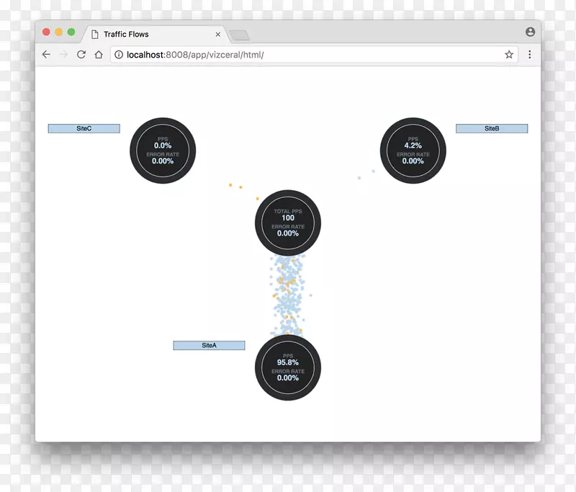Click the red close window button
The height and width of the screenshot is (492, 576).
[47, 32]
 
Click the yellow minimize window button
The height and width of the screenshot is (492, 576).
[59, 32]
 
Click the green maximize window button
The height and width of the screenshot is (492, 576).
[71, 32]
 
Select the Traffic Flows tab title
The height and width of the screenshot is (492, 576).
[126, 35]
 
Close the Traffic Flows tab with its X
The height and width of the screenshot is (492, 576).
[218, 35]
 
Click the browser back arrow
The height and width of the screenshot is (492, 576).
[46, 55]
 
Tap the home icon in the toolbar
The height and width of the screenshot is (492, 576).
[99, 55]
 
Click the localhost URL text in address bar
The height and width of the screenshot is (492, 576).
[194, 55]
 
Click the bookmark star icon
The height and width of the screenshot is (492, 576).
[509, 55]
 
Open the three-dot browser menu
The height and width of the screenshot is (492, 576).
[530, 55]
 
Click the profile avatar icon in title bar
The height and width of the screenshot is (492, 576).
[530, 32]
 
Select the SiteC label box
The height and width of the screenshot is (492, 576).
[84, 129]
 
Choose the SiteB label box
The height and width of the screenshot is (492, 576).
[492, 129]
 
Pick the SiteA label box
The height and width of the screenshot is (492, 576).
[209, 346]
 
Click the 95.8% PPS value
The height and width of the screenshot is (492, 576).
[288, 362]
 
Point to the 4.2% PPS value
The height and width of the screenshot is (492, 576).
[413, 146]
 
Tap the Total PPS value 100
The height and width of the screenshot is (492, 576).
[288, 218]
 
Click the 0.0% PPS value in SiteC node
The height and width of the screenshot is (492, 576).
[163, 146]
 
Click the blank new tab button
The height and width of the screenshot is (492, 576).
[239, 35]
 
